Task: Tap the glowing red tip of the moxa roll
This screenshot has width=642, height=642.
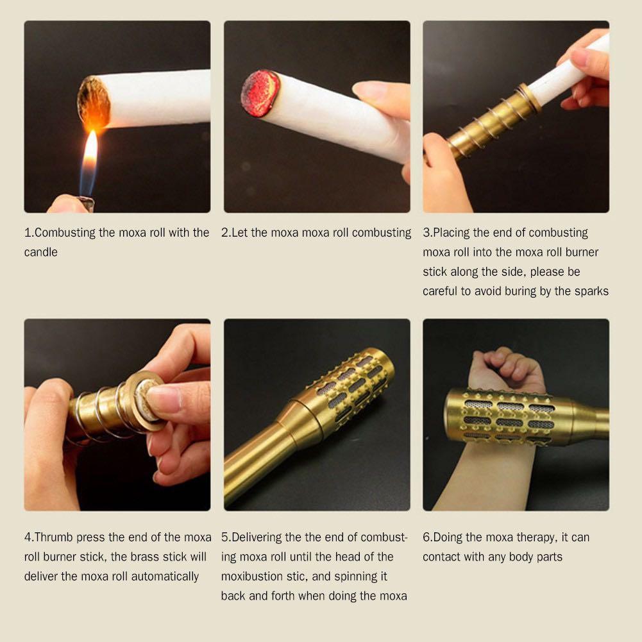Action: point(260,94)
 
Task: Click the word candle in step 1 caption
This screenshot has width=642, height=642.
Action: point(41,253)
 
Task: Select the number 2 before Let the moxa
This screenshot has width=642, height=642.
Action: point(225,233)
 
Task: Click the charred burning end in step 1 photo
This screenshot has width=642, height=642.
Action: point(94,103)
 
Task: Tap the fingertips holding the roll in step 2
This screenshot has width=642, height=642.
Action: point(378,93)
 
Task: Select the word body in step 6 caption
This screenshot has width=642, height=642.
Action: point(525,557)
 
